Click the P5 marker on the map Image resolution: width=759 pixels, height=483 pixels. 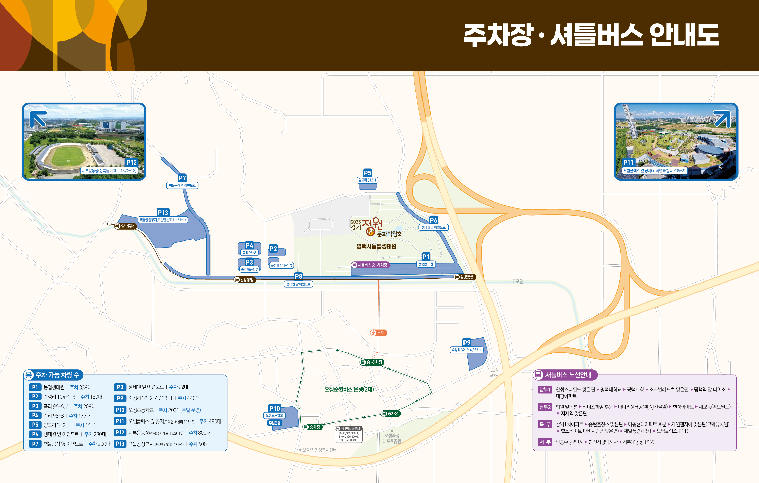367,173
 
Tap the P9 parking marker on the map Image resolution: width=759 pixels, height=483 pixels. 467,343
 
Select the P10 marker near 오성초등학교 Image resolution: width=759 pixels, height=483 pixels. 275,408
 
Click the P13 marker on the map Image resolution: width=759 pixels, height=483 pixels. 163,213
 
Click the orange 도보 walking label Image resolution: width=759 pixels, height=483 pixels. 378,333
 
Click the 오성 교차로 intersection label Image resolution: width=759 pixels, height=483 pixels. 495,373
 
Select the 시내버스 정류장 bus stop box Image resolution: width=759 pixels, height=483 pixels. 348,434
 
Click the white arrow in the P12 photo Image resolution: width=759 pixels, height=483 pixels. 38,119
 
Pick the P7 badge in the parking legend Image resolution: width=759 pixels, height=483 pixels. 35,444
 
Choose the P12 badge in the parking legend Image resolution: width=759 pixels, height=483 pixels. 120,433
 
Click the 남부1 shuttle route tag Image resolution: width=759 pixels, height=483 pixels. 545,390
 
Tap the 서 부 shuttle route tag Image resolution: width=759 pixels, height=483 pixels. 545,442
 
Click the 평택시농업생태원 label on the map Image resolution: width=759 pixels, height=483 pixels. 376,246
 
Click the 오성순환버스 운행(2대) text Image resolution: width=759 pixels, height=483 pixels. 349,389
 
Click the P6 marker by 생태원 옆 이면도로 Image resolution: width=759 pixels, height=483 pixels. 433,220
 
